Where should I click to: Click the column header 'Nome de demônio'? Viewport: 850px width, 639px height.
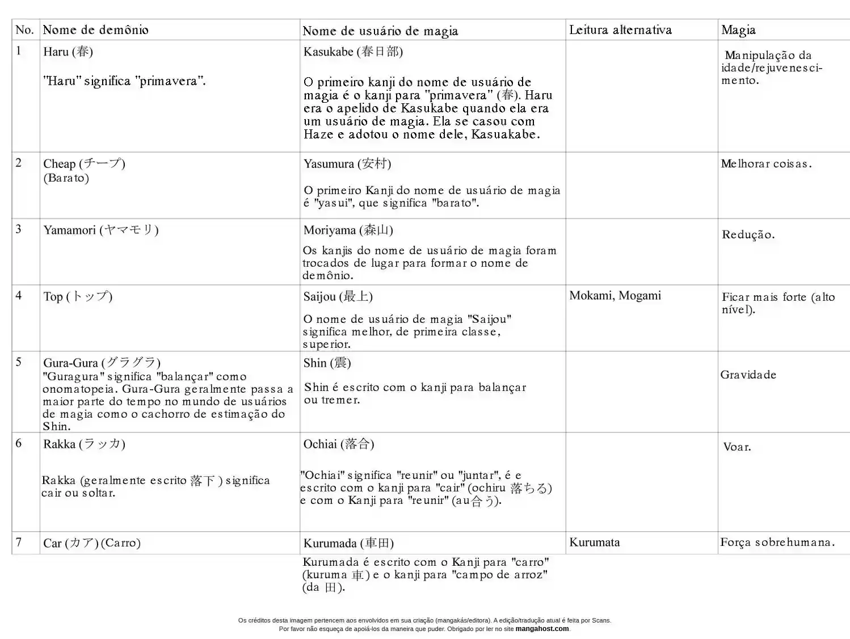[x=96, y=30]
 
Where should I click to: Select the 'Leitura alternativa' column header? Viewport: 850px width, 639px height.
[x=620, y=30]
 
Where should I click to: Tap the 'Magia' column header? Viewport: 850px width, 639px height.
[x=738, y=30]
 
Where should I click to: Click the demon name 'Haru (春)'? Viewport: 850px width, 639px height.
[x=68, y=52]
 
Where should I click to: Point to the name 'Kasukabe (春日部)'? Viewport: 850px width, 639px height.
[x=353, y=52]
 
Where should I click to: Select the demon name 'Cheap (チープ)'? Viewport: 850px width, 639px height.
[x=84, y=163]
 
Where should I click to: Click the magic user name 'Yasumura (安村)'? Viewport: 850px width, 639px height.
[x=347, y=164]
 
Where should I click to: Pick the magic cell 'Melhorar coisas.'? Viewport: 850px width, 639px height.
[x=766, y=164]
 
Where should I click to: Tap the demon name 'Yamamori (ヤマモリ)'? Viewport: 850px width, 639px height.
[x=101, y=230]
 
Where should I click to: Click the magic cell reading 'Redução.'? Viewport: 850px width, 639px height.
[x=748, y=234]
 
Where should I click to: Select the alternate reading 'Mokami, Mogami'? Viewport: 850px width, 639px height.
[x=615, y=296]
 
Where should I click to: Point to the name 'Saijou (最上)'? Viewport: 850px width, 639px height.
[x=338, y=296]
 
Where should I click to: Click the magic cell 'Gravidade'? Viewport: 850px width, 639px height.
[x=748, y=375]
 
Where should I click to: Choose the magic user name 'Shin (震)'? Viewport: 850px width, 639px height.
[x=327, y=363]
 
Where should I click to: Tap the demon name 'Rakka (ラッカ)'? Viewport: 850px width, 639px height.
[x=84, y=444]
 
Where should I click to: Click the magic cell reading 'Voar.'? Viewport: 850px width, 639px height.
[x=737, y=447]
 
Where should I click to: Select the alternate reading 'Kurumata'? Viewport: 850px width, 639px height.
[x=595, y=543]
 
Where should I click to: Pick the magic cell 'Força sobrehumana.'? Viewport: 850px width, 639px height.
[x=777, y=543]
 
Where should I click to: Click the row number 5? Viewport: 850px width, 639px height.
[x=19, y=362]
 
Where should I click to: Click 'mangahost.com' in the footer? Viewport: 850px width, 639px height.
[x=541, y=629]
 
